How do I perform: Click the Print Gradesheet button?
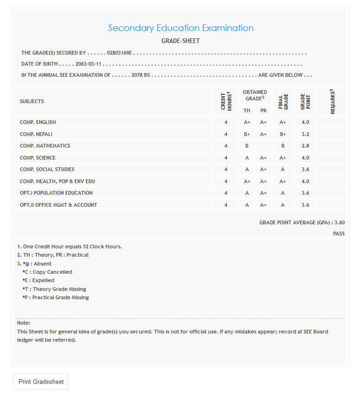[x=41, y=382]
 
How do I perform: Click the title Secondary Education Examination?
[x=180, y=28]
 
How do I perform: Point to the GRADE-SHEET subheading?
[x=180, y=41]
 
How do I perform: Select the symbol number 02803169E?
[x=119, y=53]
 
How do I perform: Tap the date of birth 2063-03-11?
[x=88, y=64]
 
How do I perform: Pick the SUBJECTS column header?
[x=32, y=101]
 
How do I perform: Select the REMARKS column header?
[x=332, y=101]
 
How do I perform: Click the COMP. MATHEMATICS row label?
[x=45, y=146]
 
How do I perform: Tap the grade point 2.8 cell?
[x=305, y=146]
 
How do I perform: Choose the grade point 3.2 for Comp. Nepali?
[x=305, y=134]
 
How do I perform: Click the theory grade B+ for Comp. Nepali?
[x=247, y=134]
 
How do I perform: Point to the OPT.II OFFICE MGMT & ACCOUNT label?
[x=58, y=205]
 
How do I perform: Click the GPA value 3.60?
[x=339, y=222]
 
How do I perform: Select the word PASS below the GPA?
[x=339, y=234]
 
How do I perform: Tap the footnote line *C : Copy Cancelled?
[x=47, y=272]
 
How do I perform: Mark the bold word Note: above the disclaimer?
[x=24, y=323]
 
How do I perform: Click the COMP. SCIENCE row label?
[x=38, y=158]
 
